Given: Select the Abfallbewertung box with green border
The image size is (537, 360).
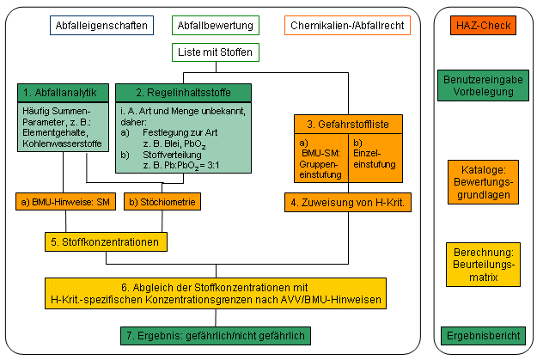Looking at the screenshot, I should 215,26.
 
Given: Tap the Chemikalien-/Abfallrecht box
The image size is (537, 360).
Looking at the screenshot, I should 347,26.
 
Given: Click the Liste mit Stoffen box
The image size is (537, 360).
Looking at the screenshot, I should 215,52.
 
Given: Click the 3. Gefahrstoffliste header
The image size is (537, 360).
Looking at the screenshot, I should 347,125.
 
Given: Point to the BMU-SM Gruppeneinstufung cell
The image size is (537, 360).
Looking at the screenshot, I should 320,158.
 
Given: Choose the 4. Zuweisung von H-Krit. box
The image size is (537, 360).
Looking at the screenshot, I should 347,203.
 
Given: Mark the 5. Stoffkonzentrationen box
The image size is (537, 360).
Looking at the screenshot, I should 103,243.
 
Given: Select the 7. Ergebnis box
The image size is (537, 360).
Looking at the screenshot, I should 214,334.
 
